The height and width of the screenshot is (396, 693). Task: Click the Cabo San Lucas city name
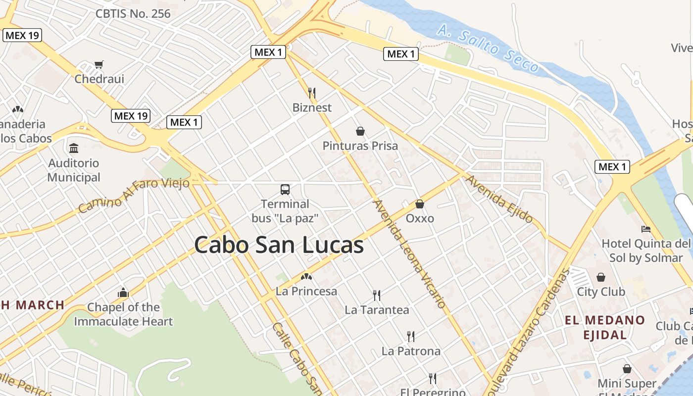point(279,245)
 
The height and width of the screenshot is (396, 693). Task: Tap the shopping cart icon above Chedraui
point(99,64)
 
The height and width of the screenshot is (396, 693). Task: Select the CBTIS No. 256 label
point(133,13)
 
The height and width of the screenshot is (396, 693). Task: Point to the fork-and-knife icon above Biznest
point(312,93)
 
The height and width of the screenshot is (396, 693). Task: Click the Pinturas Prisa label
point(360,146)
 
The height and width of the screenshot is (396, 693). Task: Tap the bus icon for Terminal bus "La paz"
point(285,189)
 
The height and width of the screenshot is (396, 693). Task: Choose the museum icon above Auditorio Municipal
point(74,148)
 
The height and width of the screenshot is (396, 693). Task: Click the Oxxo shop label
point(420,218)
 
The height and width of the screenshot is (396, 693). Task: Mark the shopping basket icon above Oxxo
point(420,204)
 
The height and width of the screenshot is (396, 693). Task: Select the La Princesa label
point(306,291)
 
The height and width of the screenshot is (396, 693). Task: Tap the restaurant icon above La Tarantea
point(377,296)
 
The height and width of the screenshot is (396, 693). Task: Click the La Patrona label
point(411,351)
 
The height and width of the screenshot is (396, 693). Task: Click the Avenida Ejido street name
point(499,199)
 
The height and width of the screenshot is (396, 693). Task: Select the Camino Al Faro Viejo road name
point(134,195)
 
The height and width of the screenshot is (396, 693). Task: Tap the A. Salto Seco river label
point(488,49)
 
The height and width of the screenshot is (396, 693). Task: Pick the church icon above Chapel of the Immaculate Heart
point(123,293)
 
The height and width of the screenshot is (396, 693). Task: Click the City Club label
point(601,292)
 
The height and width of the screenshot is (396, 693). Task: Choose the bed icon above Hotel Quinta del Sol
point(645,229)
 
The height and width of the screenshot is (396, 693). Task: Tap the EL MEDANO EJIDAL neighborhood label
point(605,327)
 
